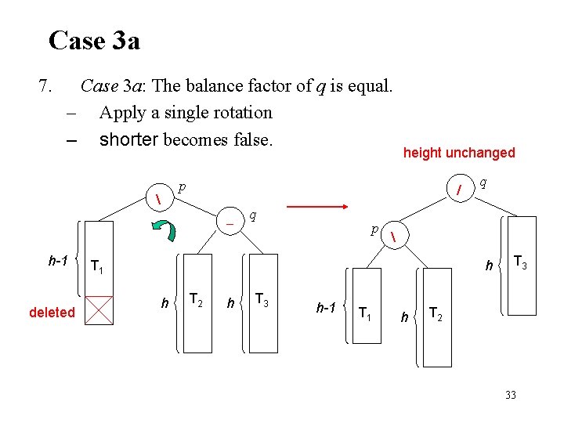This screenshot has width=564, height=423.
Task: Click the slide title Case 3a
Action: (x=94, y=40)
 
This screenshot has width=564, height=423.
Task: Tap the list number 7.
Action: (x=45, y=85)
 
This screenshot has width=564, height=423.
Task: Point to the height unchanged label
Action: (x=459, y=153)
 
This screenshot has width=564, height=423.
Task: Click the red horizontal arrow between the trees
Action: (x=316, y=207)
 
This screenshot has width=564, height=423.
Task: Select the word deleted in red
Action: (x=52, y=313)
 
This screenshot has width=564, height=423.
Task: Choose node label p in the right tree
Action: (x=375, y=230)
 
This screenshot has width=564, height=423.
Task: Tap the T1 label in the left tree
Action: (x=97, y=268)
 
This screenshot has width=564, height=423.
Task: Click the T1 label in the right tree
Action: (x=364, y=313)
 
